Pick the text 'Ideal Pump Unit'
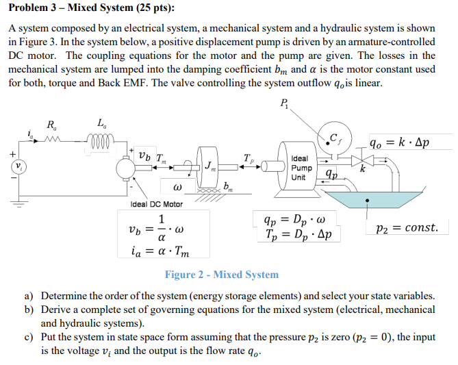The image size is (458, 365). [x=303, y=167]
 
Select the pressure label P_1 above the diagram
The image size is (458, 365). [x=285, y=103]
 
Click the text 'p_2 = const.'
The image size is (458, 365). [x=407, y=227]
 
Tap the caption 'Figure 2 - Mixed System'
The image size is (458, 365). [x=221, y=275]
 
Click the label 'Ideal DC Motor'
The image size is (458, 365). [x=157, y=204]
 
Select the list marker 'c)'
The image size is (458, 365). [x=29, y=338]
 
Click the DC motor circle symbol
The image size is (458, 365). [x=126, y=166]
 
